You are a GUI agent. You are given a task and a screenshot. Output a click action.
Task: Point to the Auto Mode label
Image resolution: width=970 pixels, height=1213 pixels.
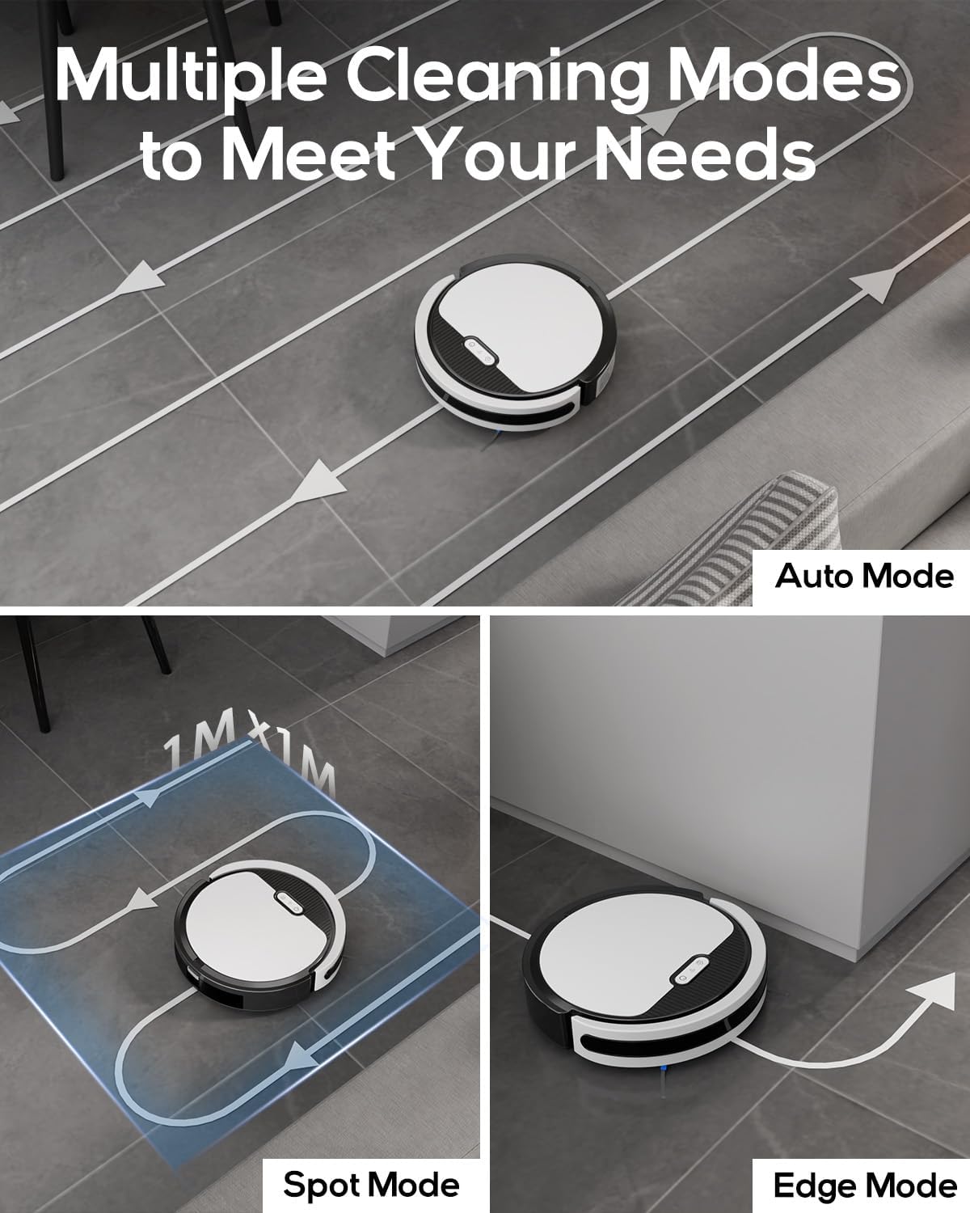point(864,577)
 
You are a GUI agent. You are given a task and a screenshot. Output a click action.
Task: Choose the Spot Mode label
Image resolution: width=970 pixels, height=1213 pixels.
point(371,1185)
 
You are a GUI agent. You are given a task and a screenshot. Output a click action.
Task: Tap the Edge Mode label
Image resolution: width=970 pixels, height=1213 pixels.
point(864,1186)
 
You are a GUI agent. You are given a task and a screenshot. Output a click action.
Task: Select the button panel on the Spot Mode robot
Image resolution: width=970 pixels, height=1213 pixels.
point(288,902)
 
